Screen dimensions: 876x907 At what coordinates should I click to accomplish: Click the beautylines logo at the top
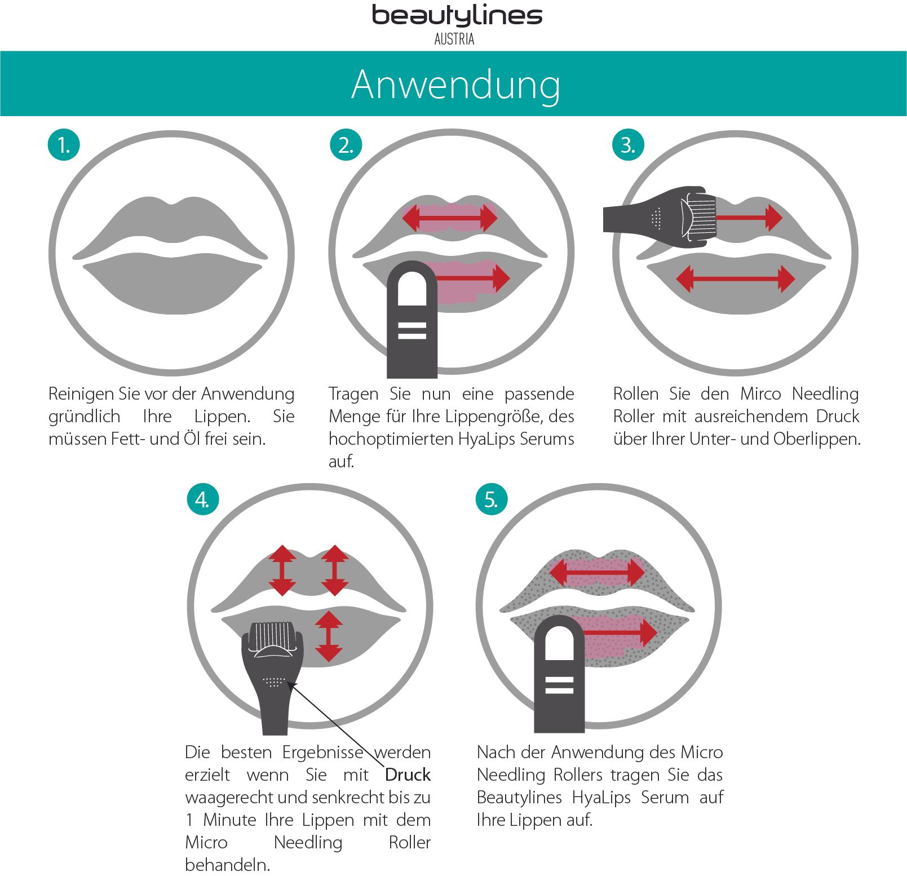point(457,16)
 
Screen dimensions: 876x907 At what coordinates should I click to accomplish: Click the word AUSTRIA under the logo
point(454,39)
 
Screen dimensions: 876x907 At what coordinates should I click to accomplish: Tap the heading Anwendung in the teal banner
point(455,85)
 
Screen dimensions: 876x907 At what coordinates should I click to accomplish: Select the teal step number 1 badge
point(64,145)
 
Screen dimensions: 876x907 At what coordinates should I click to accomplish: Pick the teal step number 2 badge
point(346,145)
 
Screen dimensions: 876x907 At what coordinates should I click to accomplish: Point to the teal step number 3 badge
point(627,145)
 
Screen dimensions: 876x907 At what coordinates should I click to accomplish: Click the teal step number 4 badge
point(202,499)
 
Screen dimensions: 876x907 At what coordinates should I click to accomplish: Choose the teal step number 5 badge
point(491,499)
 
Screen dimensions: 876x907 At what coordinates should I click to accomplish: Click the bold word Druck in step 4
point(408,775)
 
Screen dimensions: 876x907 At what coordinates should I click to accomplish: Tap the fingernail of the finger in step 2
point(412,289)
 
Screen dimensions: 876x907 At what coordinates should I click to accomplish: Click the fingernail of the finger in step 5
point(559,643)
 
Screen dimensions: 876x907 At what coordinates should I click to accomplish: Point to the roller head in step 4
point(273,639)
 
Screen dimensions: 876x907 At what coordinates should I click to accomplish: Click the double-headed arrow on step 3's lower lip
point(735,278)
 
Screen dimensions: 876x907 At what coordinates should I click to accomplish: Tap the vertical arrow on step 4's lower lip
point(329,636)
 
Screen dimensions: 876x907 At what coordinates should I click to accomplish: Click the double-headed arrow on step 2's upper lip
point(450,218)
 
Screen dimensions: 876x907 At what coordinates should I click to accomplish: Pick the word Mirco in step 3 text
point(760,393)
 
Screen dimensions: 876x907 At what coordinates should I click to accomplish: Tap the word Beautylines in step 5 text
point(519,798)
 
